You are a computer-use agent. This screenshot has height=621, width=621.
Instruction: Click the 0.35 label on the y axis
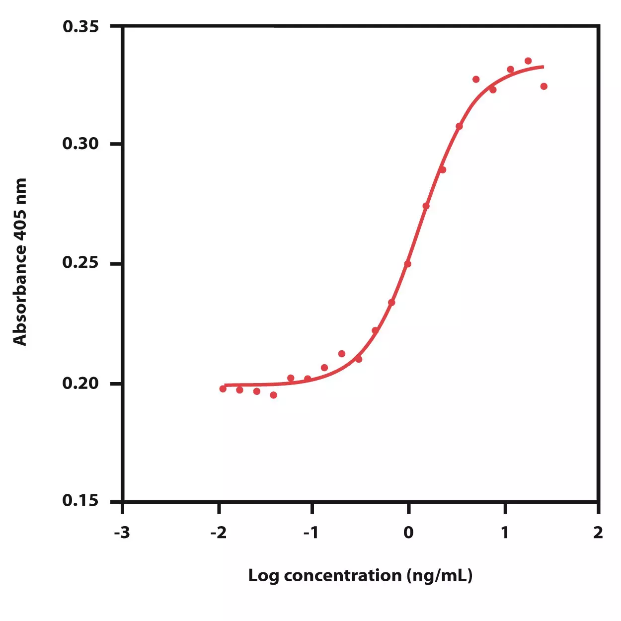point(80,26)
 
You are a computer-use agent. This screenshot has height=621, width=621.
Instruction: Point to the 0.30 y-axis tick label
point(80,144)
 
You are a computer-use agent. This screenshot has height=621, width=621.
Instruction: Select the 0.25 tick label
point(80,263)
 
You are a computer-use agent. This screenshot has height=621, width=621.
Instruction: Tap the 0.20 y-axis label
point(80,384)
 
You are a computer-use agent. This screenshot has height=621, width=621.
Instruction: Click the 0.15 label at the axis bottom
point(80,500)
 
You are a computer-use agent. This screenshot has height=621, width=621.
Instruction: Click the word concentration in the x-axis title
point(343,576)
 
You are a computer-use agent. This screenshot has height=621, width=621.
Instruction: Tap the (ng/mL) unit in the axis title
point(440,576)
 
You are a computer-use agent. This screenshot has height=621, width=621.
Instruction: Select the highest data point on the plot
point(528,61)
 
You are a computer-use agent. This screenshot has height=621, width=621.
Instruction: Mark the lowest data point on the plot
point(274,395)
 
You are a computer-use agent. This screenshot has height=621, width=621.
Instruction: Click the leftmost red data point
point(223,389)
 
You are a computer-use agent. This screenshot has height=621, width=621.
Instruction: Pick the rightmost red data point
point(544,86)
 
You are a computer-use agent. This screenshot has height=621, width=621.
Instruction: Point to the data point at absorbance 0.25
point(408,264)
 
